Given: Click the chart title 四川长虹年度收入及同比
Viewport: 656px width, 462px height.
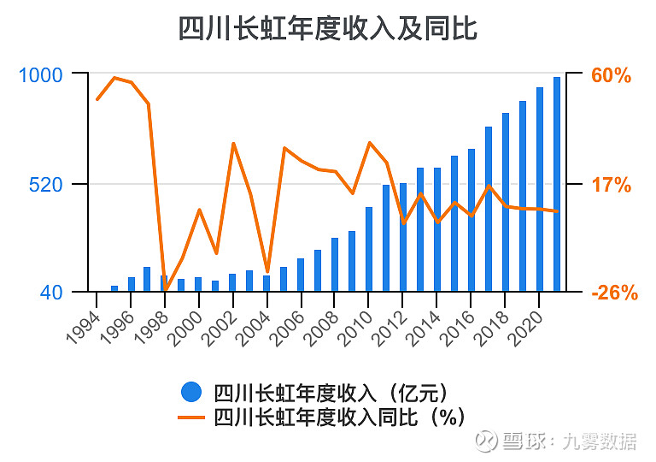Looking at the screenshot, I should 327,28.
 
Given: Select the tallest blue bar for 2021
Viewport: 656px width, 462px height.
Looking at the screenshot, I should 556,184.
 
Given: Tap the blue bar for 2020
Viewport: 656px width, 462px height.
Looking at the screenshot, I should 539,189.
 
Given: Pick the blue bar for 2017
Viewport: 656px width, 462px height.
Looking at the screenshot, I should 489,209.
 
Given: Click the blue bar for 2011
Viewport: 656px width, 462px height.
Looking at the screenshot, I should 386,238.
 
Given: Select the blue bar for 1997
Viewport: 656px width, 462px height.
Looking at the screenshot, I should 148,279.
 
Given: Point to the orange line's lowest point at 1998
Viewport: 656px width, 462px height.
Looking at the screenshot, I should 166,289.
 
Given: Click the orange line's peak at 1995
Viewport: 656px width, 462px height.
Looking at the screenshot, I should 114,78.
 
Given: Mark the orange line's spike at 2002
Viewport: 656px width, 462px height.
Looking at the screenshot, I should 233,143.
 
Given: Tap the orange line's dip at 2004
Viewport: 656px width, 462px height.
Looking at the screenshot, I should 267,271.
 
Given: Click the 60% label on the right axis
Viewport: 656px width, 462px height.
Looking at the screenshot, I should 611,75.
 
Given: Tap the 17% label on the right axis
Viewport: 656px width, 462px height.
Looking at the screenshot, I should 611,185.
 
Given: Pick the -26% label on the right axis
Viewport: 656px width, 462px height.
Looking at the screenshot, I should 614,293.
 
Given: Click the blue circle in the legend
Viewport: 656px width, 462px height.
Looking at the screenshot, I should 191,393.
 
